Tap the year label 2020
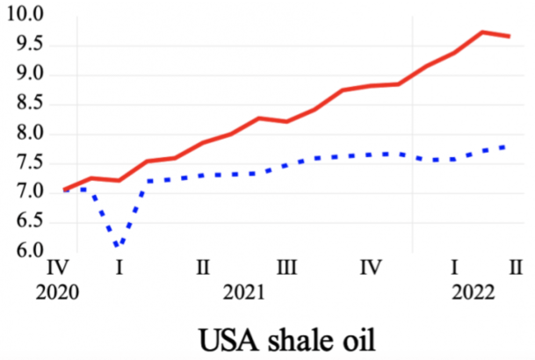pos(57,292)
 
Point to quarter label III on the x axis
pos(286,266)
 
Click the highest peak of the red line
pos(482,32)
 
